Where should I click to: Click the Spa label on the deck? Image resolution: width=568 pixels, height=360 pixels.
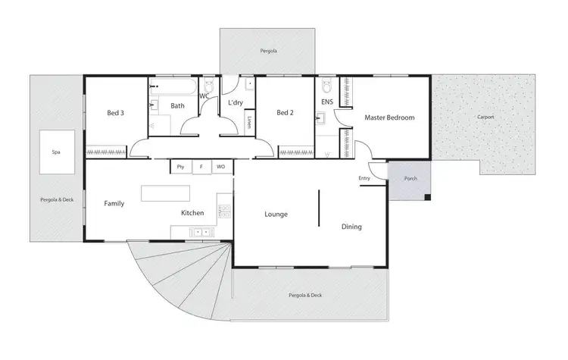56,152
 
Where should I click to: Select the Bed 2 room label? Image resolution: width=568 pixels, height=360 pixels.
284,114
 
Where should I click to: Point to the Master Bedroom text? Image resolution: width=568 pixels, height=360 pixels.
389,117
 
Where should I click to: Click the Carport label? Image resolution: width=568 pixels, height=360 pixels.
485,117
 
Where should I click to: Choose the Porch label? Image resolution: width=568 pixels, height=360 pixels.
410,180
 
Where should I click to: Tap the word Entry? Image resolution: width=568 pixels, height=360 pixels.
364,179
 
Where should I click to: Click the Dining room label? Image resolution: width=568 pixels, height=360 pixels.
351,227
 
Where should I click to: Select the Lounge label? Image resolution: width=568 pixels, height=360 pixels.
276,214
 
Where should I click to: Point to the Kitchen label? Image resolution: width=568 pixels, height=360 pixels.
192,213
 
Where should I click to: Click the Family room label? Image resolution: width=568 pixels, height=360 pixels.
114,203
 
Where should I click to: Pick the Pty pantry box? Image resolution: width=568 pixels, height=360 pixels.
180,166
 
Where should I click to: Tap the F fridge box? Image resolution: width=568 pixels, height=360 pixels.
201,166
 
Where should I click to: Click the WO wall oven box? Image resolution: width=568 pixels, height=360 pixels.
220,166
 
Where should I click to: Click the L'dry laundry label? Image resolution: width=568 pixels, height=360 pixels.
236,103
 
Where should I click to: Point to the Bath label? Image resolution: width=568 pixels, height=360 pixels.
177,106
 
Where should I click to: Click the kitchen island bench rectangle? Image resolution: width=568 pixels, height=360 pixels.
166,193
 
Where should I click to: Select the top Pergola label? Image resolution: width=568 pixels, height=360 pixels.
267,52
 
